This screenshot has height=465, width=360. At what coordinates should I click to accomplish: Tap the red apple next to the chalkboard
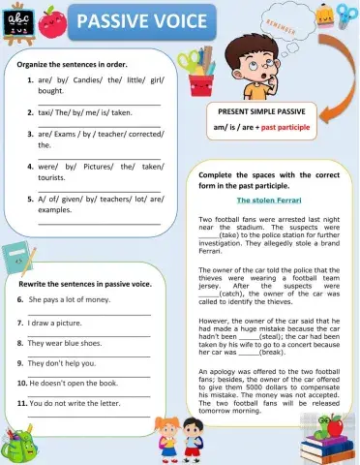click(x=56, y=17)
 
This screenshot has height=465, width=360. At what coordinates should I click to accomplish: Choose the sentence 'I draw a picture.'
click(x=55, y=322)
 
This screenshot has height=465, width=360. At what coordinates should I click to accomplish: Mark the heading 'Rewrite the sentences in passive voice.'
click(x=84, y=284)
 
